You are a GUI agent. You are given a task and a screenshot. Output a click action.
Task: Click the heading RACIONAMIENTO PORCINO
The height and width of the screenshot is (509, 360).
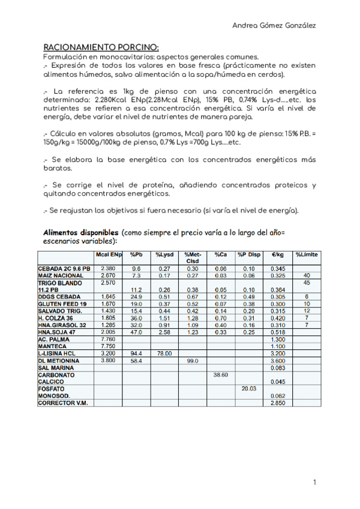point(101,47)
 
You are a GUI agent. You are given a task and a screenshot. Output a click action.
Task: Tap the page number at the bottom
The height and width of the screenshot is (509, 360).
point(314,482)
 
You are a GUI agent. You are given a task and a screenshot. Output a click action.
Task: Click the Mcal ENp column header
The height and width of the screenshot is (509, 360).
point(109,255)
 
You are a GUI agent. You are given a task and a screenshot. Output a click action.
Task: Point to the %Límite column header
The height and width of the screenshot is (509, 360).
point(307,255)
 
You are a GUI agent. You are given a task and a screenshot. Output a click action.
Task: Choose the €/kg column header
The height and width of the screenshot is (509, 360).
point(277,255)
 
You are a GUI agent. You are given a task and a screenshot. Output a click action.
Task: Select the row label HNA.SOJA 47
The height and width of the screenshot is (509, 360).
point(58,331)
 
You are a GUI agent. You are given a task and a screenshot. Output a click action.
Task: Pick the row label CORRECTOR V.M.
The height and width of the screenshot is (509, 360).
point(62,403)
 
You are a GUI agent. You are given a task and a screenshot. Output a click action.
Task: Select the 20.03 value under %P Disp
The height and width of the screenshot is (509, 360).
point(249,388)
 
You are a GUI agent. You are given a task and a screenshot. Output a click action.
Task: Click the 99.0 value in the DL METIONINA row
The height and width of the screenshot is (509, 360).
point(193,360)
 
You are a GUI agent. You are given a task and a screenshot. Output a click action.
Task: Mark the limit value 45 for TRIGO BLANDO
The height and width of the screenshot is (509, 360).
point(307,282)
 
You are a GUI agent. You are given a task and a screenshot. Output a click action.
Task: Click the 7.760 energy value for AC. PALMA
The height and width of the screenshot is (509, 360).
point(109,339)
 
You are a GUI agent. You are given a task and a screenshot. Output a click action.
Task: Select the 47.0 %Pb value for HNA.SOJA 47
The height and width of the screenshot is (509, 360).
point(136,331)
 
